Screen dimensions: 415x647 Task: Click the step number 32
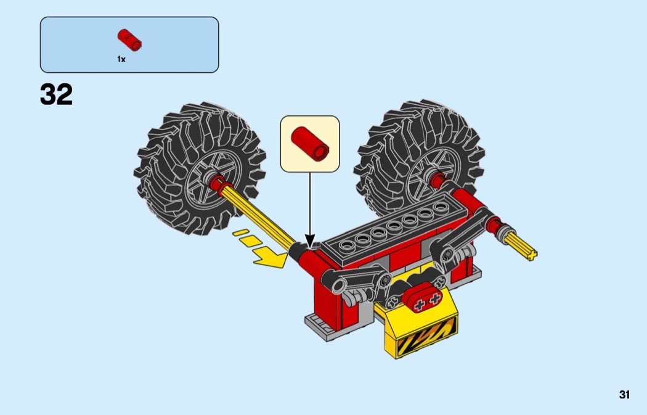point(57,95)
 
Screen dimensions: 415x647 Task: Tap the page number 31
point(625,395)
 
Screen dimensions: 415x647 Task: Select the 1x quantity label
point(121,59)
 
